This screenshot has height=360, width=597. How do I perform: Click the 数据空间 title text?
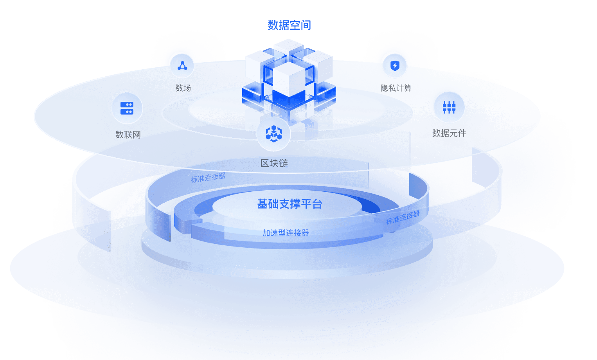(x=289, y=25)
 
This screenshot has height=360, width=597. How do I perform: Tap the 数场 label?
(x=183, y=88)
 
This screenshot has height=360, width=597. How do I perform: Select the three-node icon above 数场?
(x=182, y=66)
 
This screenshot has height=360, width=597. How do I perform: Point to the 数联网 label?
(x=128, y=135)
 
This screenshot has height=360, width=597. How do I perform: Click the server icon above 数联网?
(x=127, y=108)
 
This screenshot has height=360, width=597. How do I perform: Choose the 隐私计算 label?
(x=396, y=88)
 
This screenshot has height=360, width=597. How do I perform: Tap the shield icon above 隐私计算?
(x=395, y=65)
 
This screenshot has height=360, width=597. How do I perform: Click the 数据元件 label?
(x=449, y=133)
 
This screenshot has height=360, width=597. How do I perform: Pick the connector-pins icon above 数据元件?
(x=449, y=107)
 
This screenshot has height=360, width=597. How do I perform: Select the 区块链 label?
(x=274, y=163)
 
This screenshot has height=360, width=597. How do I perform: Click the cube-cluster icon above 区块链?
(x=274, y=134)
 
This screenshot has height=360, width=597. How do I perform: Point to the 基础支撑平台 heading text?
(x=290, y=204)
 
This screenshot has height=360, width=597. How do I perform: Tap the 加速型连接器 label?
(x=286, y=233)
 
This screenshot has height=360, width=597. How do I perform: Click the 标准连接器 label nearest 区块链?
(x=208, y=178)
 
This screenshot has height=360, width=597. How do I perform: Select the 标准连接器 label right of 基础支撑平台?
(x=403, y=217)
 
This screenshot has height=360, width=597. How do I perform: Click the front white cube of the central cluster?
(x=289, y=78)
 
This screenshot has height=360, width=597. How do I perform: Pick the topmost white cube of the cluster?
(x=289, y=47)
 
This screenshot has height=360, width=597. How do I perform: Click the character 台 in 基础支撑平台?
(x=317, y=204)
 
